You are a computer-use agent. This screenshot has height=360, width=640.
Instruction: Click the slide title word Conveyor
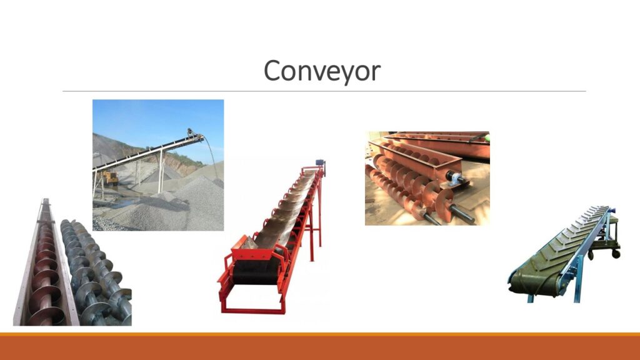322,71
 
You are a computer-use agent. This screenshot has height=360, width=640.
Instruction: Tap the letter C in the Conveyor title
271,70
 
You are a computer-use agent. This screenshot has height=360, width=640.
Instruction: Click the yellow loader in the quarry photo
109,178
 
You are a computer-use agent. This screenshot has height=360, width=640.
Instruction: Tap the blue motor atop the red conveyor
321,162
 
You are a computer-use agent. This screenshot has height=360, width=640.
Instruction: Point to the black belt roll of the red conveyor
256,271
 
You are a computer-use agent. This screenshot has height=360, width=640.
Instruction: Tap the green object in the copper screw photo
486,138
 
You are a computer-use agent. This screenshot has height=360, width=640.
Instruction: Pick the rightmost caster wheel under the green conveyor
616,254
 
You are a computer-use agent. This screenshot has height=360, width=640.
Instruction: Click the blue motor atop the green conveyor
611,211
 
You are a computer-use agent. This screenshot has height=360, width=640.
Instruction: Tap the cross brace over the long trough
45,221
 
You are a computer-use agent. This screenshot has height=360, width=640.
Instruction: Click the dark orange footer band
320,347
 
